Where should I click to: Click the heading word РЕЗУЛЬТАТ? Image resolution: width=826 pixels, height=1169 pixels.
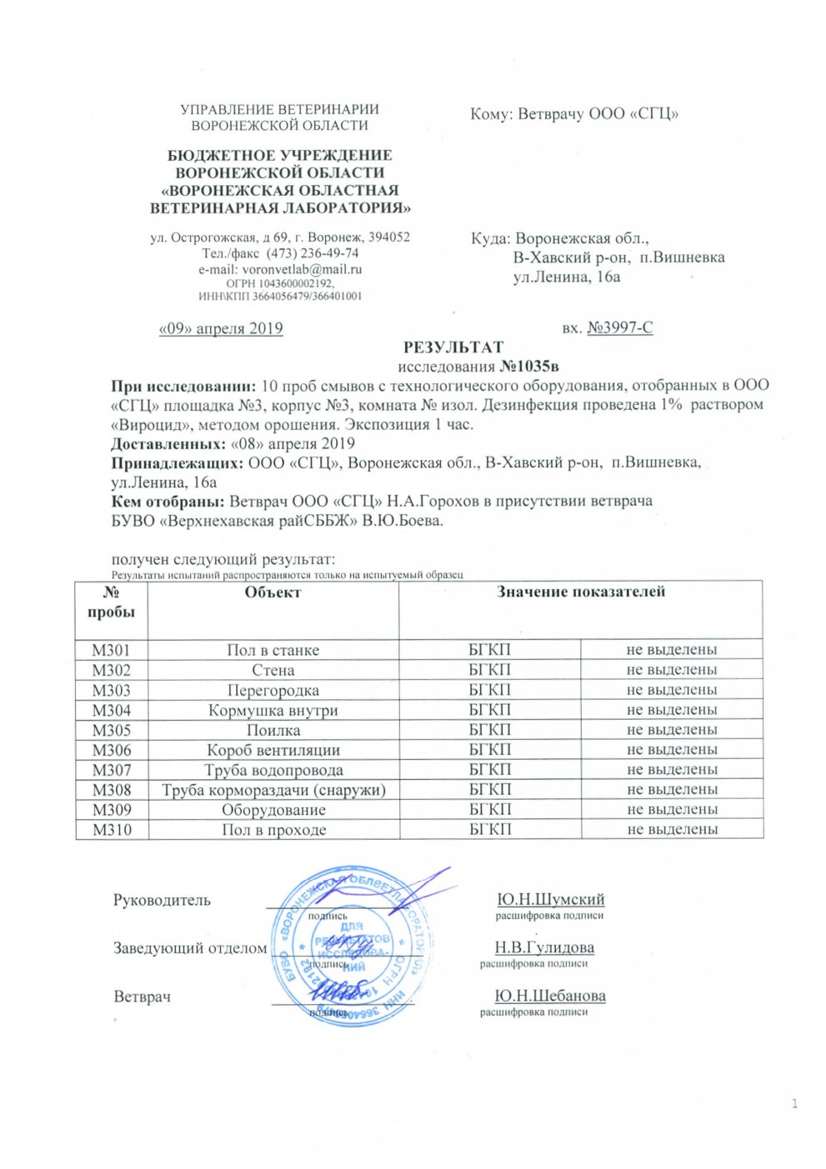(x=453, y=347)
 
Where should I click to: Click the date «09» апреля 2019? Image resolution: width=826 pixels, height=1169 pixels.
(x=221, y=328)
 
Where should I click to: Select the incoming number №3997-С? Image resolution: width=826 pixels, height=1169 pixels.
(x=619, y=328)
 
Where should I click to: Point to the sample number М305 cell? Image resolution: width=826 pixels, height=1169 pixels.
(x=111, y=730)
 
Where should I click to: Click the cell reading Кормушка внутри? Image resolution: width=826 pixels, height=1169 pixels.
(x=273, y=710)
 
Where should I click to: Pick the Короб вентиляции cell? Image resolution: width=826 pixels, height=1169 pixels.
(x=273, y=750)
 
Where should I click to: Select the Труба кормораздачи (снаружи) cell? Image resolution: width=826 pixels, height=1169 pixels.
(x=273, y=790)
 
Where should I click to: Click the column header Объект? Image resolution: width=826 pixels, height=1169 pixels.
(x=273, y=592)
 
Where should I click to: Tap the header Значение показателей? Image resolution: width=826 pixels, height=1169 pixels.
(x=580, y=592)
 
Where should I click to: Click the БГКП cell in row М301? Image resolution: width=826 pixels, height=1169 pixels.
(x=489, y=650)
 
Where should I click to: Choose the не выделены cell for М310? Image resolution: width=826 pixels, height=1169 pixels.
(x=672, y=830)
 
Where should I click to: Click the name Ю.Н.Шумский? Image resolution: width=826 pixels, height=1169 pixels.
(x=550, y=900)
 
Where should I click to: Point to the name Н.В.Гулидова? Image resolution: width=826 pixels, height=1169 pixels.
(x=544, y=947)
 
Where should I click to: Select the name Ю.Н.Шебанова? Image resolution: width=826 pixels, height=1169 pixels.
(x=550, y=996)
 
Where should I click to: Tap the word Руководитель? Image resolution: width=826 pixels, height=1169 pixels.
(x=162, y=901)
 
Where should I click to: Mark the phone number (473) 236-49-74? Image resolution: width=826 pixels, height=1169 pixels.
(x=313, y=253)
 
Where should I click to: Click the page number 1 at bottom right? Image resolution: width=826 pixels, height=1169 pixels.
(x=794, y=1105)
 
